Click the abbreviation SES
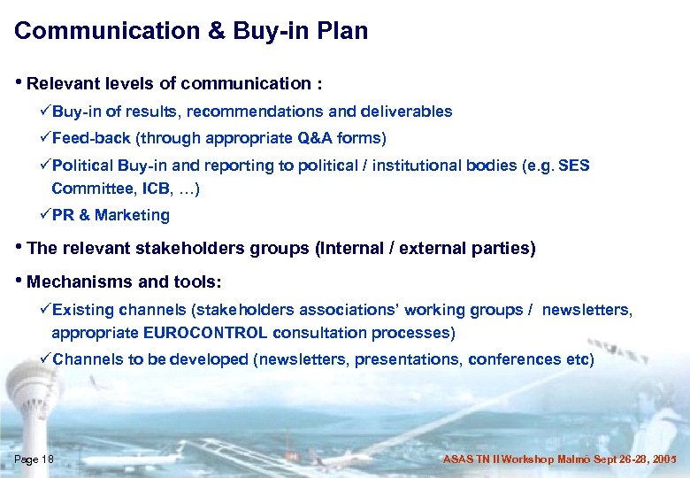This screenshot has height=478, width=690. [574, 166]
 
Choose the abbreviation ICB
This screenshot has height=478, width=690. [137, 188]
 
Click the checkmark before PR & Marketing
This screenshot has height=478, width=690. [45, 215]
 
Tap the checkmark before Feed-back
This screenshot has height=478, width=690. [45, 139]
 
